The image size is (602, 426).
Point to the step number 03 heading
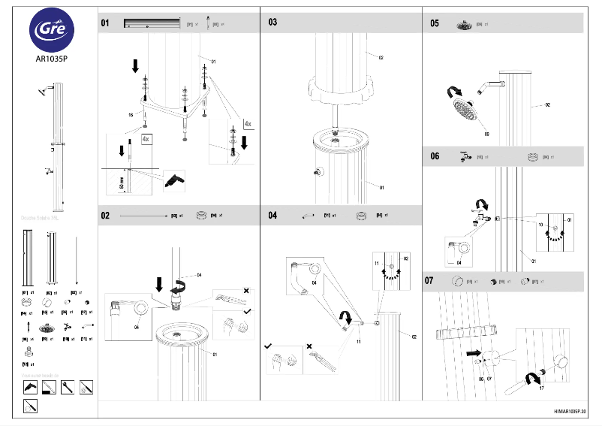[x=272, y=23]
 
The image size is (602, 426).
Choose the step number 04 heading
[x=272, y=216]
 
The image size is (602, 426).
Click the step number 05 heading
[x=435, y=23]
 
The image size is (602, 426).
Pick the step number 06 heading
[x=435, y=156]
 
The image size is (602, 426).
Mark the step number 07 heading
[x=435, y=281]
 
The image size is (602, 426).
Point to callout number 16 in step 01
[x=131, y=115]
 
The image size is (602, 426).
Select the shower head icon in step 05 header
[x=464, y=25]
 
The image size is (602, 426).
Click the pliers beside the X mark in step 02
[x=230, y=298]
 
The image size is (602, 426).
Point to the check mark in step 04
[x=268, y=347]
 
